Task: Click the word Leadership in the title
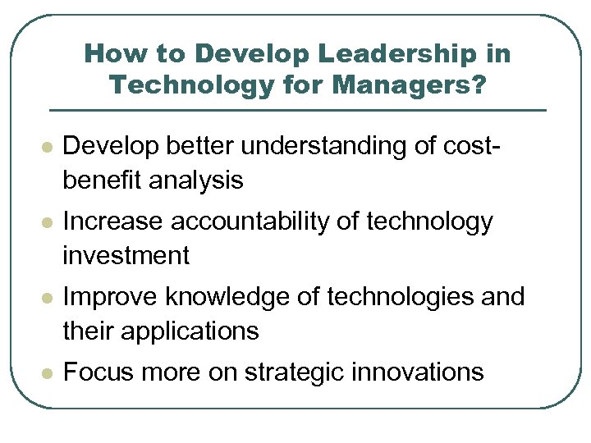coord(383,55)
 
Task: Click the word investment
coord(126,255)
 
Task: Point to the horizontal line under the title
coord(297,110)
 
